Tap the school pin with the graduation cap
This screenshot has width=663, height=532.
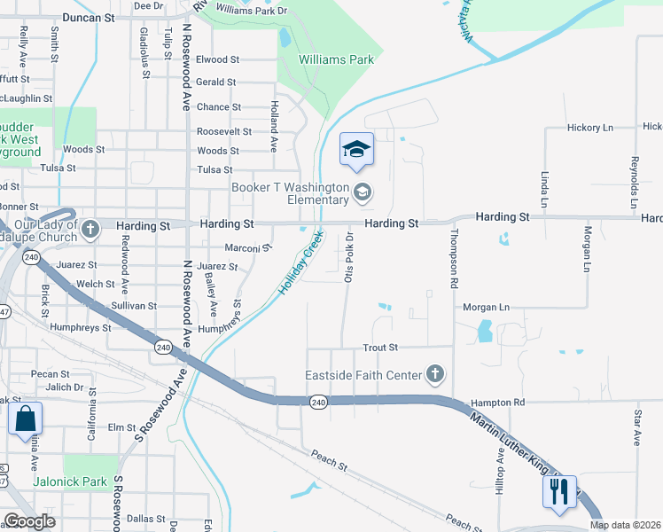[x=356, y=150]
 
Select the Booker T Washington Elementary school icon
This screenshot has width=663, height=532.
[x=362, y=191]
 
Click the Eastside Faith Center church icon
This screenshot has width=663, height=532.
[x=434, y=374]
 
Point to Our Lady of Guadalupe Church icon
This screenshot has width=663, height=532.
[x=90, y=231]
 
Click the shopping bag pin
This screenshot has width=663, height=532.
[x=26, y=419]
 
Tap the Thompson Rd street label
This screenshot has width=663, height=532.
[x=454, y=258]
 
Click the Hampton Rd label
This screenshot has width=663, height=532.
[x=498, y=402]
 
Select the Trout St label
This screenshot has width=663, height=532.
[x=380, y=348]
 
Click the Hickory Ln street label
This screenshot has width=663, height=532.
[x=589, y=128]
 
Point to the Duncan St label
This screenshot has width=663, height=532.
[x=90, y=17]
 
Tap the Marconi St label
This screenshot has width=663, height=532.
[x=242, y=248]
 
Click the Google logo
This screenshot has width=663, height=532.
[x=29, y=520]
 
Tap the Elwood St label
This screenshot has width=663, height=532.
[x=218, y=60]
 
